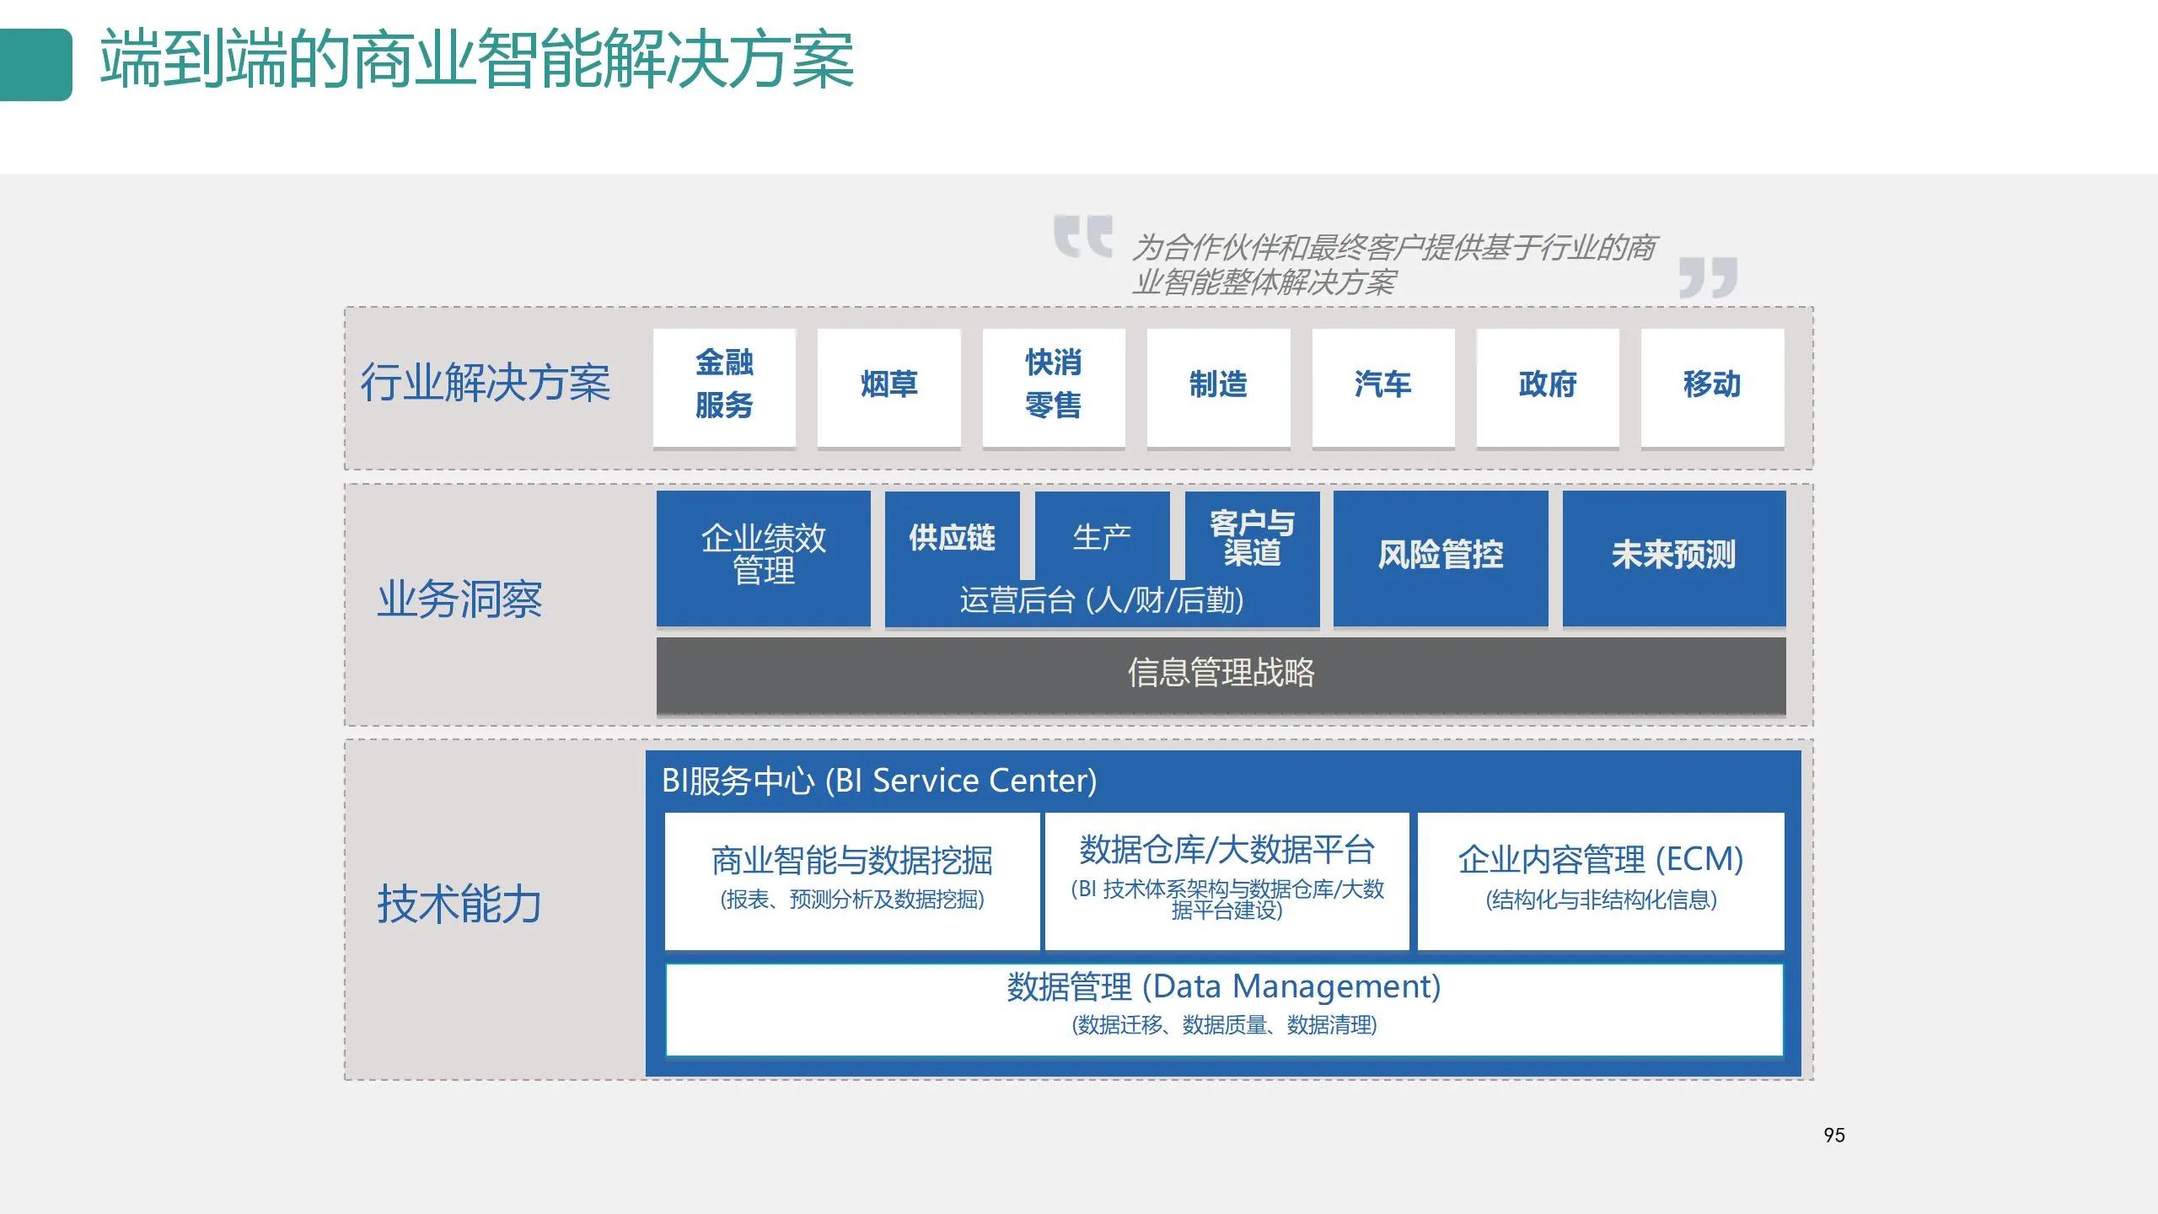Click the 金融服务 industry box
point(724,386)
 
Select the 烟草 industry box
point(888,386)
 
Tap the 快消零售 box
point(1053,386)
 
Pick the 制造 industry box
point(1218,386)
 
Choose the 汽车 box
point(1382,386)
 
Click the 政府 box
point(1548,386)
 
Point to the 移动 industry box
point(1712,386)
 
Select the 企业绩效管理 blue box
point(763,556)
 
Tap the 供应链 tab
point(952,537)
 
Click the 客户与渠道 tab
point(1252,537)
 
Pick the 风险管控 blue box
point(1440,556)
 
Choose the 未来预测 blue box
point(1673,556)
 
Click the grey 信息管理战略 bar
point(1221,674)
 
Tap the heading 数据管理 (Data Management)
point(1223,986)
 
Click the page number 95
point(1833,1136)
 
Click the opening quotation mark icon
point(1082,235)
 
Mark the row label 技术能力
point(459,905)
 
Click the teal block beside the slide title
point(35,65)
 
